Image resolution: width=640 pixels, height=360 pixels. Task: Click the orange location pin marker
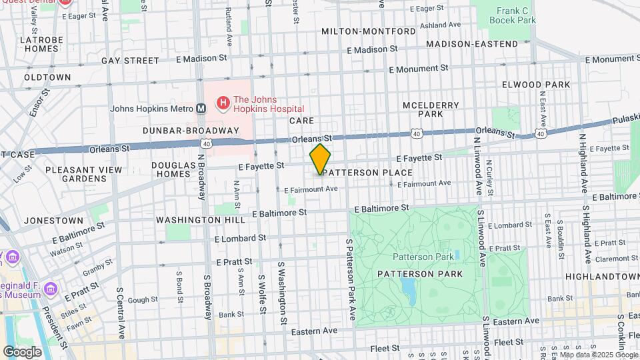point(320,159)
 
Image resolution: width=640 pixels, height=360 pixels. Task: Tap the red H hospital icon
point(223,103)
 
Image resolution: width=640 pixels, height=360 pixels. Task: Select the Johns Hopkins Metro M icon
point(200,109)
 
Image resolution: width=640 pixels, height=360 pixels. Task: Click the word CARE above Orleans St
point(301,121)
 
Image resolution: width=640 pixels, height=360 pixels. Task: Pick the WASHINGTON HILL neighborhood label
point(197,219)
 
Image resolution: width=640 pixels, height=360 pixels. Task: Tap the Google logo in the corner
point(22,351)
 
